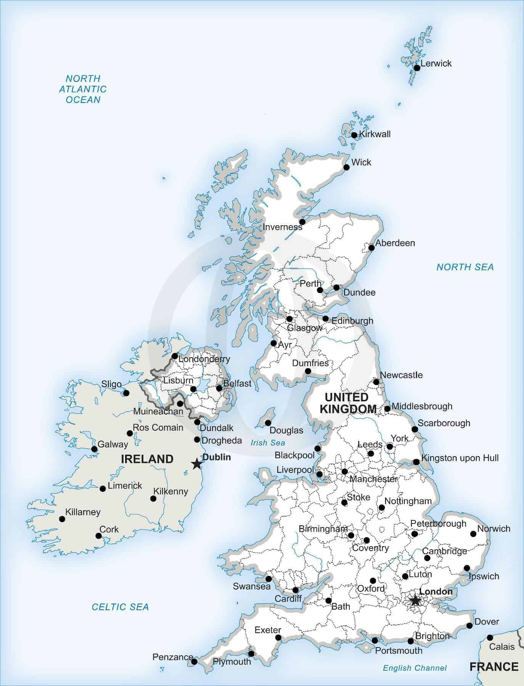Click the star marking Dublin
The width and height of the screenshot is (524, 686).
(x=196, y=464)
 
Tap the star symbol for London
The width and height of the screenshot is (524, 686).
(x=415, y=601)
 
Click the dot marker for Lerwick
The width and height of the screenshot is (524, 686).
(x=417, y=68)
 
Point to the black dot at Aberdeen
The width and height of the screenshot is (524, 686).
(x=371, y=248)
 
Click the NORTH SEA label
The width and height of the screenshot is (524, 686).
(x=465, y=267)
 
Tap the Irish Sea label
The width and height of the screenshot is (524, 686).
(x=268, y=442)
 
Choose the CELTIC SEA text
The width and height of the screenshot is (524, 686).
(x=120, y=607)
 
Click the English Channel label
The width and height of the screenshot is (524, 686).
(x=415, y=668)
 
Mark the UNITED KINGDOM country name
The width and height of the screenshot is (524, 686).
(x=348, y=403)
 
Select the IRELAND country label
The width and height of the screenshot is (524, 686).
(x=147, y=459)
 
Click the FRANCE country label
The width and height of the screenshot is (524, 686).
(x=494, y=667)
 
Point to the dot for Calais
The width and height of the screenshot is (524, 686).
(x=490, y=638)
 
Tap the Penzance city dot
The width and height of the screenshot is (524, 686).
(x=194, y=662)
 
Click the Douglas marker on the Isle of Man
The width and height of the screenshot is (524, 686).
(x=268, y=423)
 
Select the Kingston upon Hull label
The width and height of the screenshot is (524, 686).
(x=460, y=458)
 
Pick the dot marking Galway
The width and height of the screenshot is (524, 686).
(x=94, y=449)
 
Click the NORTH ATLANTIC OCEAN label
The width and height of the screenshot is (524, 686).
(x=83, y=89)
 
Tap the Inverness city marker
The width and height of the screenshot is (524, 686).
(x=302, y=222)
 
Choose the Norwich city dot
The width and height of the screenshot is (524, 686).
(x=473, y=534)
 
